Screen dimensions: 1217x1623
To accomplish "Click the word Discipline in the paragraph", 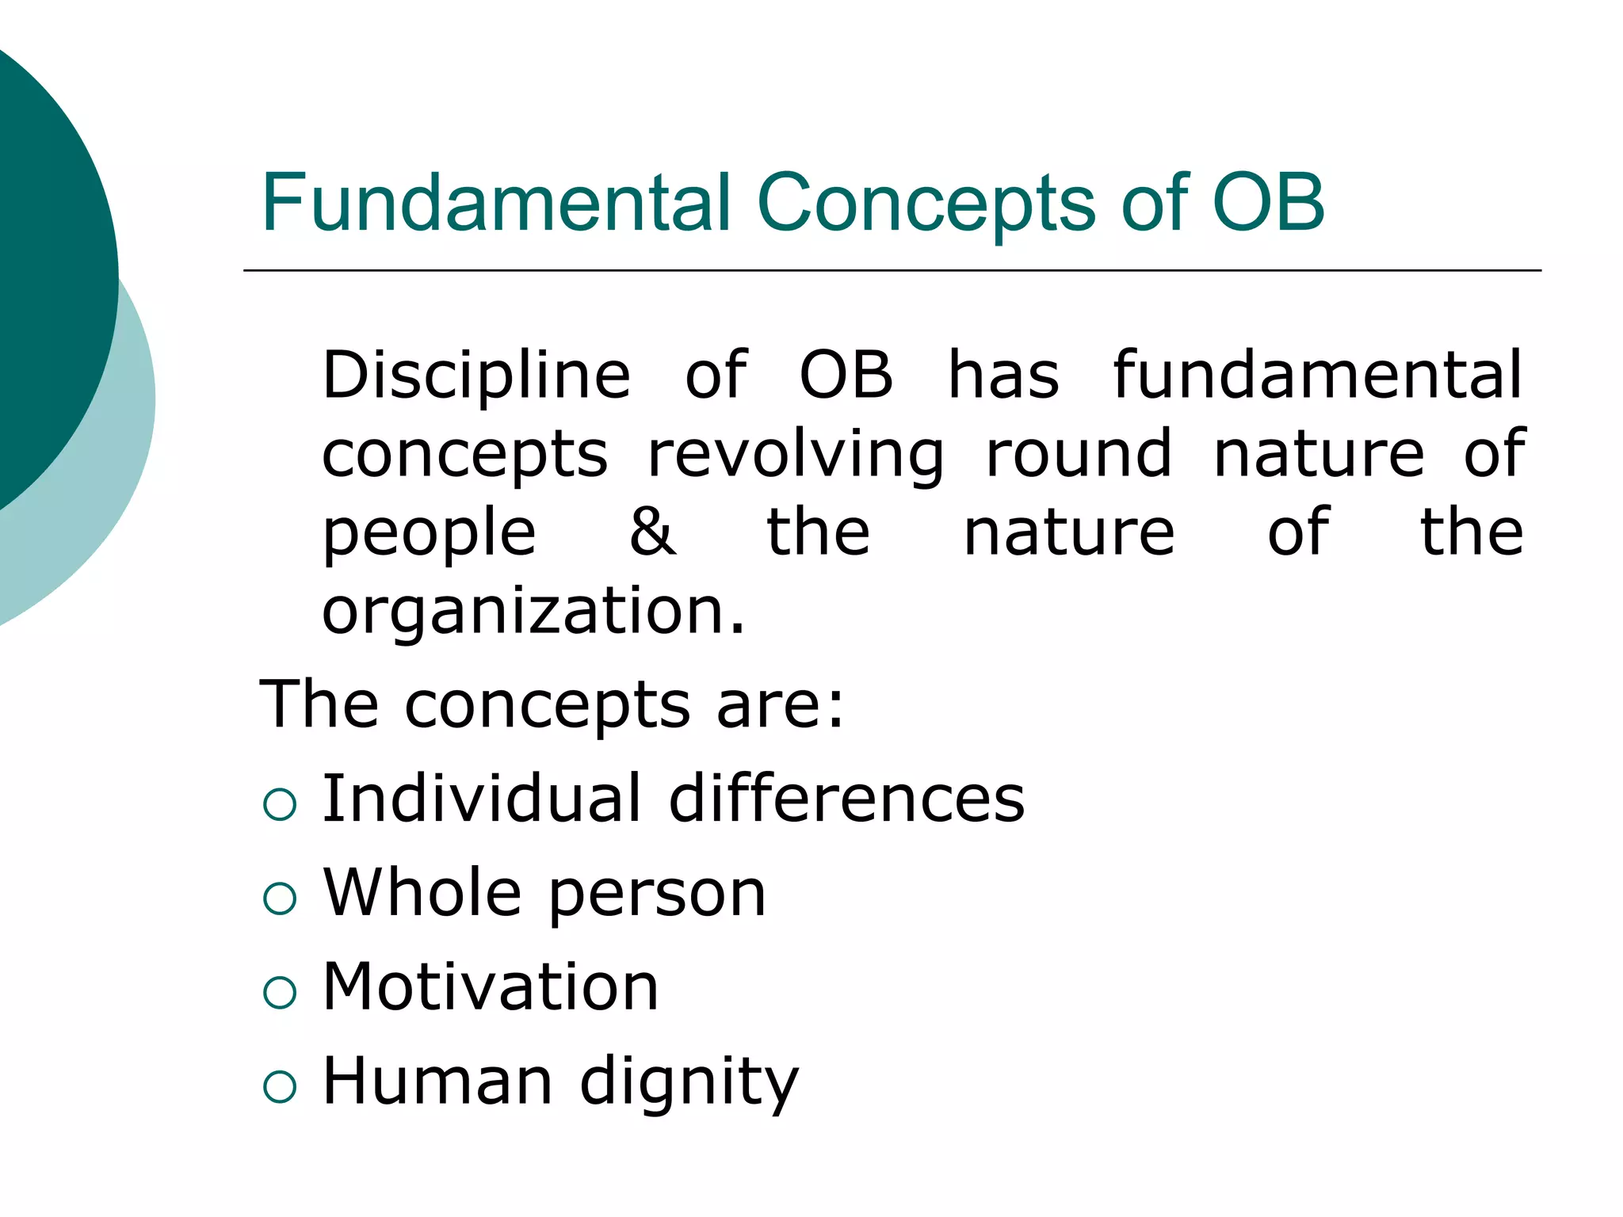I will coord(476,376).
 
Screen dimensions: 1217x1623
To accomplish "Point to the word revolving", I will coord(796,455).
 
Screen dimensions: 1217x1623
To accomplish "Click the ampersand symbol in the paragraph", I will coord(653,532).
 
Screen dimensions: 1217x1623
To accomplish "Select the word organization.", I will coord(533,612).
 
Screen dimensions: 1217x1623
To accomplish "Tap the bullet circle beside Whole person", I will coord(280,898).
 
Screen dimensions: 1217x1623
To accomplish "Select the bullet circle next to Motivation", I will coord(280,992).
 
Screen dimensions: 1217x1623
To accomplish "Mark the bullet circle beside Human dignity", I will coord(280,1086).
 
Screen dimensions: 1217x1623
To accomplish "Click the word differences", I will coord(846,799).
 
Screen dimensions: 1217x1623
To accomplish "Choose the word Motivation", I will coord(491,987).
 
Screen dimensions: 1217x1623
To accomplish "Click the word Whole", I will coord(422,893).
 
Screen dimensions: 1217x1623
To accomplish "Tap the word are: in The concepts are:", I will coord(781,705).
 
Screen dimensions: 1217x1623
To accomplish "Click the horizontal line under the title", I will coord(892,271).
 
